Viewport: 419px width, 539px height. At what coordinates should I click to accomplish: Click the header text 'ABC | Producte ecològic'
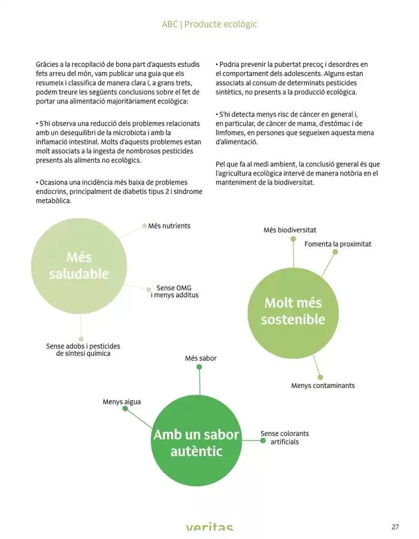click(x=209, y=25)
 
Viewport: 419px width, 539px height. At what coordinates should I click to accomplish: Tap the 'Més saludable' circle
click(x=79, y=266)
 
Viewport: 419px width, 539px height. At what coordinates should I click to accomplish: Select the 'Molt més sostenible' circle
click(x=293, y=311)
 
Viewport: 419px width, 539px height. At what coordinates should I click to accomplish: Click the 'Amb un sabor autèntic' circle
click(x=196, y=443)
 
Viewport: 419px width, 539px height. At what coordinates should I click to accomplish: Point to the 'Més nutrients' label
click(x=169, y=226)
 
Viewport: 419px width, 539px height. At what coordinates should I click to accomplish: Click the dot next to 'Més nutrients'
click(x=144, y=226)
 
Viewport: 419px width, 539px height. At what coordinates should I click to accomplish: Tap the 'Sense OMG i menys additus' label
click(x=174, y=292)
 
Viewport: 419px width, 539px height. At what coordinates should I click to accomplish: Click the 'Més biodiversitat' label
click(x=290, y=230)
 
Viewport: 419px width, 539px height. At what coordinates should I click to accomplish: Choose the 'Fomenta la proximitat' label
click(x=338, y=244)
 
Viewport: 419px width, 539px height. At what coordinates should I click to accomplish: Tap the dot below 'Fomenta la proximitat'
click(x=335, y=252)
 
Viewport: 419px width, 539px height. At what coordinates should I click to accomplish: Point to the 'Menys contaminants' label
click(x=323, y=386)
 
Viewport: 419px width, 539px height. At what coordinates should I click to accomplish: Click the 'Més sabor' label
click(x=201, y=358)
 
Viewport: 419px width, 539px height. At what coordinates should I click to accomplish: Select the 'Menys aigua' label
click(x=122, y=402)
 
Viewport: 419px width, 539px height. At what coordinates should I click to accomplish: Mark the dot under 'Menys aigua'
click(x=125, y=408)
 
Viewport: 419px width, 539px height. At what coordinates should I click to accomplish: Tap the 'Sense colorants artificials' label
click(x=285, y=438)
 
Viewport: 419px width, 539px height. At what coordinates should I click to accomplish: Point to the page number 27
click(x=395, y=527)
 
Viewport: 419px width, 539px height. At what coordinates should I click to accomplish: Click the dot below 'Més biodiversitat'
click(x=293, y=238)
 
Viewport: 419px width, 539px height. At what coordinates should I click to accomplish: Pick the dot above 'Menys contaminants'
click(x=320, y=377)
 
